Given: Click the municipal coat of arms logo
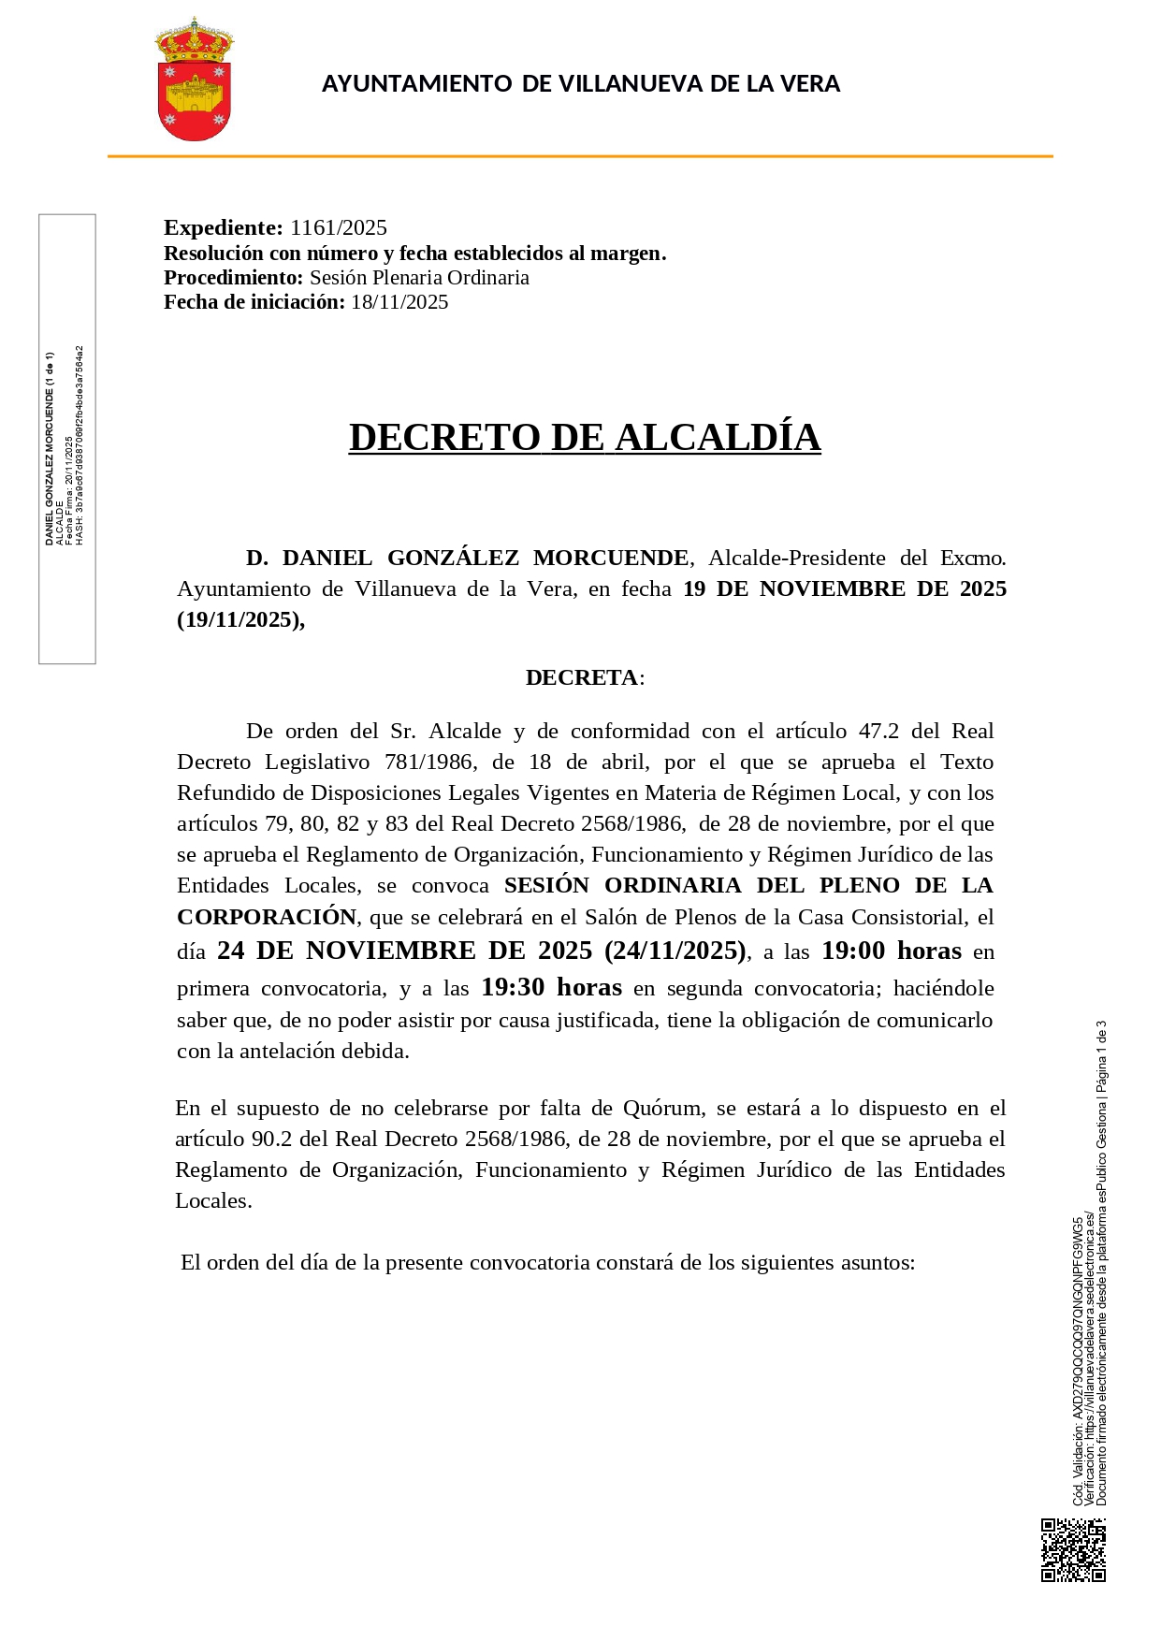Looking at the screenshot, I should coord(194,80).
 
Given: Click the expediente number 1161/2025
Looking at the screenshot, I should coord(338,227).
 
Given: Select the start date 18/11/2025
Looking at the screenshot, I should coord(399,302).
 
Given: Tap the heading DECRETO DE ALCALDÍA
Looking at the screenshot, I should coord(585,437).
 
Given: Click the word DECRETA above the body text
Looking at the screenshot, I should coord(581,677).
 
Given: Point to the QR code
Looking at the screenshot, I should coord(1073,1550).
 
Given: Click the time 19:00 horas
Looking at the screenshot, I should coord(891,951).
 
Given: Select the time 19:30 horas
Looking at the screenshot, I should coord(551,988).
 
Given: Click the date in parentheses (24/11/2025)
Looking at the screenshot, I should coord(675,951).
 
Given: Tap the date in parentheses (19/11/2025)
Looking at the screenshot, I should coord(240,619).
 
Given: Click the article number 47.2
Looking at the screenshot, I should coord(878,732).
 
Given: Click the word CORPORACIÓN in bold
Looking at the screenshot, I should coord(267,917).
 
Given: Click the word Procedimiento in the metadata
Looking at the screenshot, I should coord(233,278).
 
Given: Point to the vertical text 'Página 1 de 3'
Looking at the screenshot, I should coord(1101,1057).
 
